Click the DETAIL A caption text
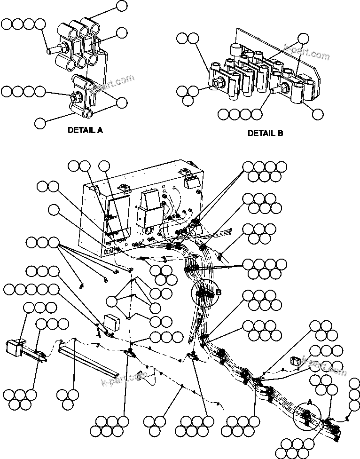pyautogui.click(x=85, y=130)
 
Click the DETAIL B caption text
pyautogui.click(x=266, y=133)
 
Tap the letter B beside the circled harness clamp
pyautogui.click(x=218, y=293)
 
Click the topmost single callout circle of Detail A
pyautogui.click(x=122, y=6)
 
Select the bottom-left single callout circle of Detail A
pyautogui.click(x=40, y=123)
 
